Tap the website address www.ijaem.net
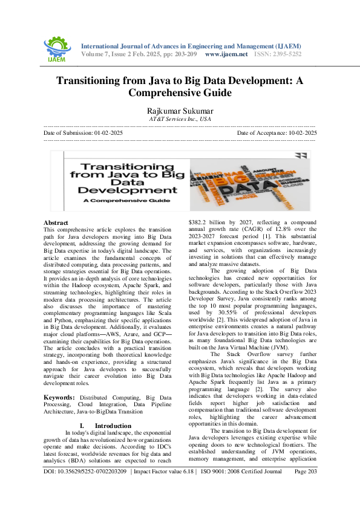click(226, 54)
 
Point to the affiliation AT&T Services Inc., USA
click(180, 120)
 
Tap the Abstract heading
click(56, 222)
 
